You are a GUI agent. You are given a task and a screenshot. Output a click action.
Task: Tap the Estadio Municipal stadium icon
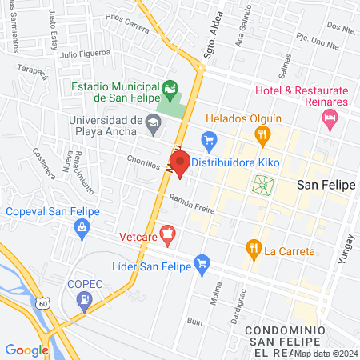pyautogui.click(x=170, y=86)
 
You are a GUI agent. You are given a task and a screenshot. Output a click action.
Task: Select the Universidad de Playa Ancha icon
pyautogui.click(x=154, y=122)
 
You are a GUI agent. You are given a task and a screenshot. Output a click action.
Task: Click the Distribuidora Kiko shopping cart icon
pyautogui.click(x=210, y=142)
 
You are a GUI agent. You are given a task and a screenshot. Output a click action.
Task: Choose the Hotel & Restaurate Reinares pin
pyautogui.click(x=329, y=119)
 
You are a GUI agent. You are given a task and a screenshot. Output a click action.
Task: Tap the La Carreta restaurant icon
pyautogui.click(x=254, y=248)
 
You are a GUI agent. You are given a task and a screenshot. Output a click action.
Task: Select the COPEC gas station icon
pyautogui.click(x=83, y=299)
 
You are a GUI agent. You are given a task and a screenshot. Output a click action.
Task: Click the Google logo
pyautogui.click(x=26, y=350)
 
